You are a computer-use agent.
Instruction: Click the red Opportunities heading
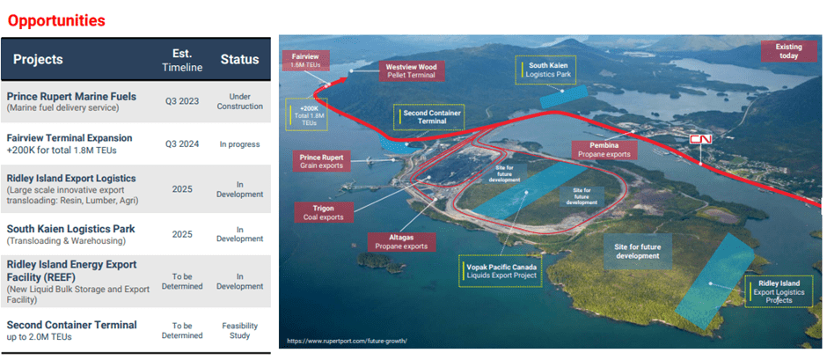(x=56, y=19)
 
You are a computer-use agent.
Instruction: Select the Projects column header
(x=38, y=60)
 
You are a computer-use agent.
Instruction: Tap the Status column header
(x=239, y=60)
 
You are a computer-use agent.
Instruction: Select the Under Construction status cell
(x=239, y=100)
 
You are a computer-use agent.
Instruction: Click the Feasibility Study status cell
(x=239, y=329)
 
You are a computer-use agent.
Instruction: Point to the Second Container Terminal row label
(x=71, y=325)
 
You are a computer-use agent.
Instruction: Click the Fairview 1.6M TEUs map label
(x=306, y=61)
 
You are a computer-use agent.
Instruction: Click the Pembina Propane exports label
(x=604, y=149)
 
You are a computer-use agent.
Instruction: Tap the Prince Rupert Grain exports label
(x=321, y=160)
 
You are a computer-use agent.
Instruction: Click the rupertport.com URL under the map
(x=347, y=340)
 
